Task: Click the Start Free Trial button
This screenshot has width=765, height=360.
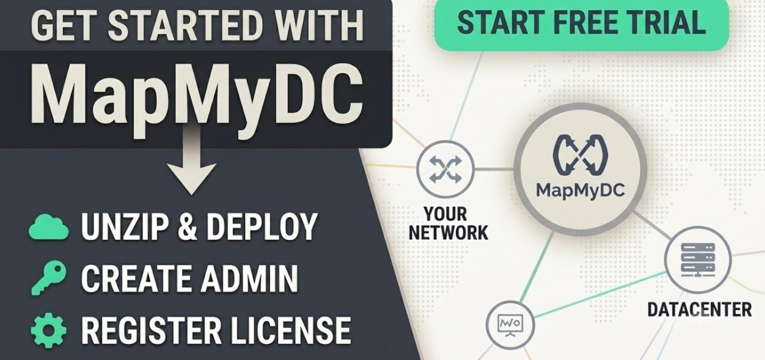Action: (x=581, y=24)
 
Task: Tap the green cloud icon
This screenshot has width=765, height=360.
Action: (x=48, y=227)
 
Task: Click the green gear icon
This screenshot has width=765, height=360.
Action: (x=48, y=330)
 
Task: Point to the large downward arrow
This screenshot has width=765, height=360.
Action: (x=191, y=161)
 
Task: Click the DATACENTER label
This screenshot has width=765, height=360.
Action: (x=699, y=310)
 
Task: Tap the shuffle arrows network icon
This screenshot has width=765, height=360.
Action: (x=445, y=169)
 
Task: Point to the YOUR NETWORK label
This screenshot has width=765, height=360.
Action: (x=448, y=224)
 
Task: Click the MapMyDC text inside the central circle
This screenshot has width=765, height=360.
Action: (x=580, y=190)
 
